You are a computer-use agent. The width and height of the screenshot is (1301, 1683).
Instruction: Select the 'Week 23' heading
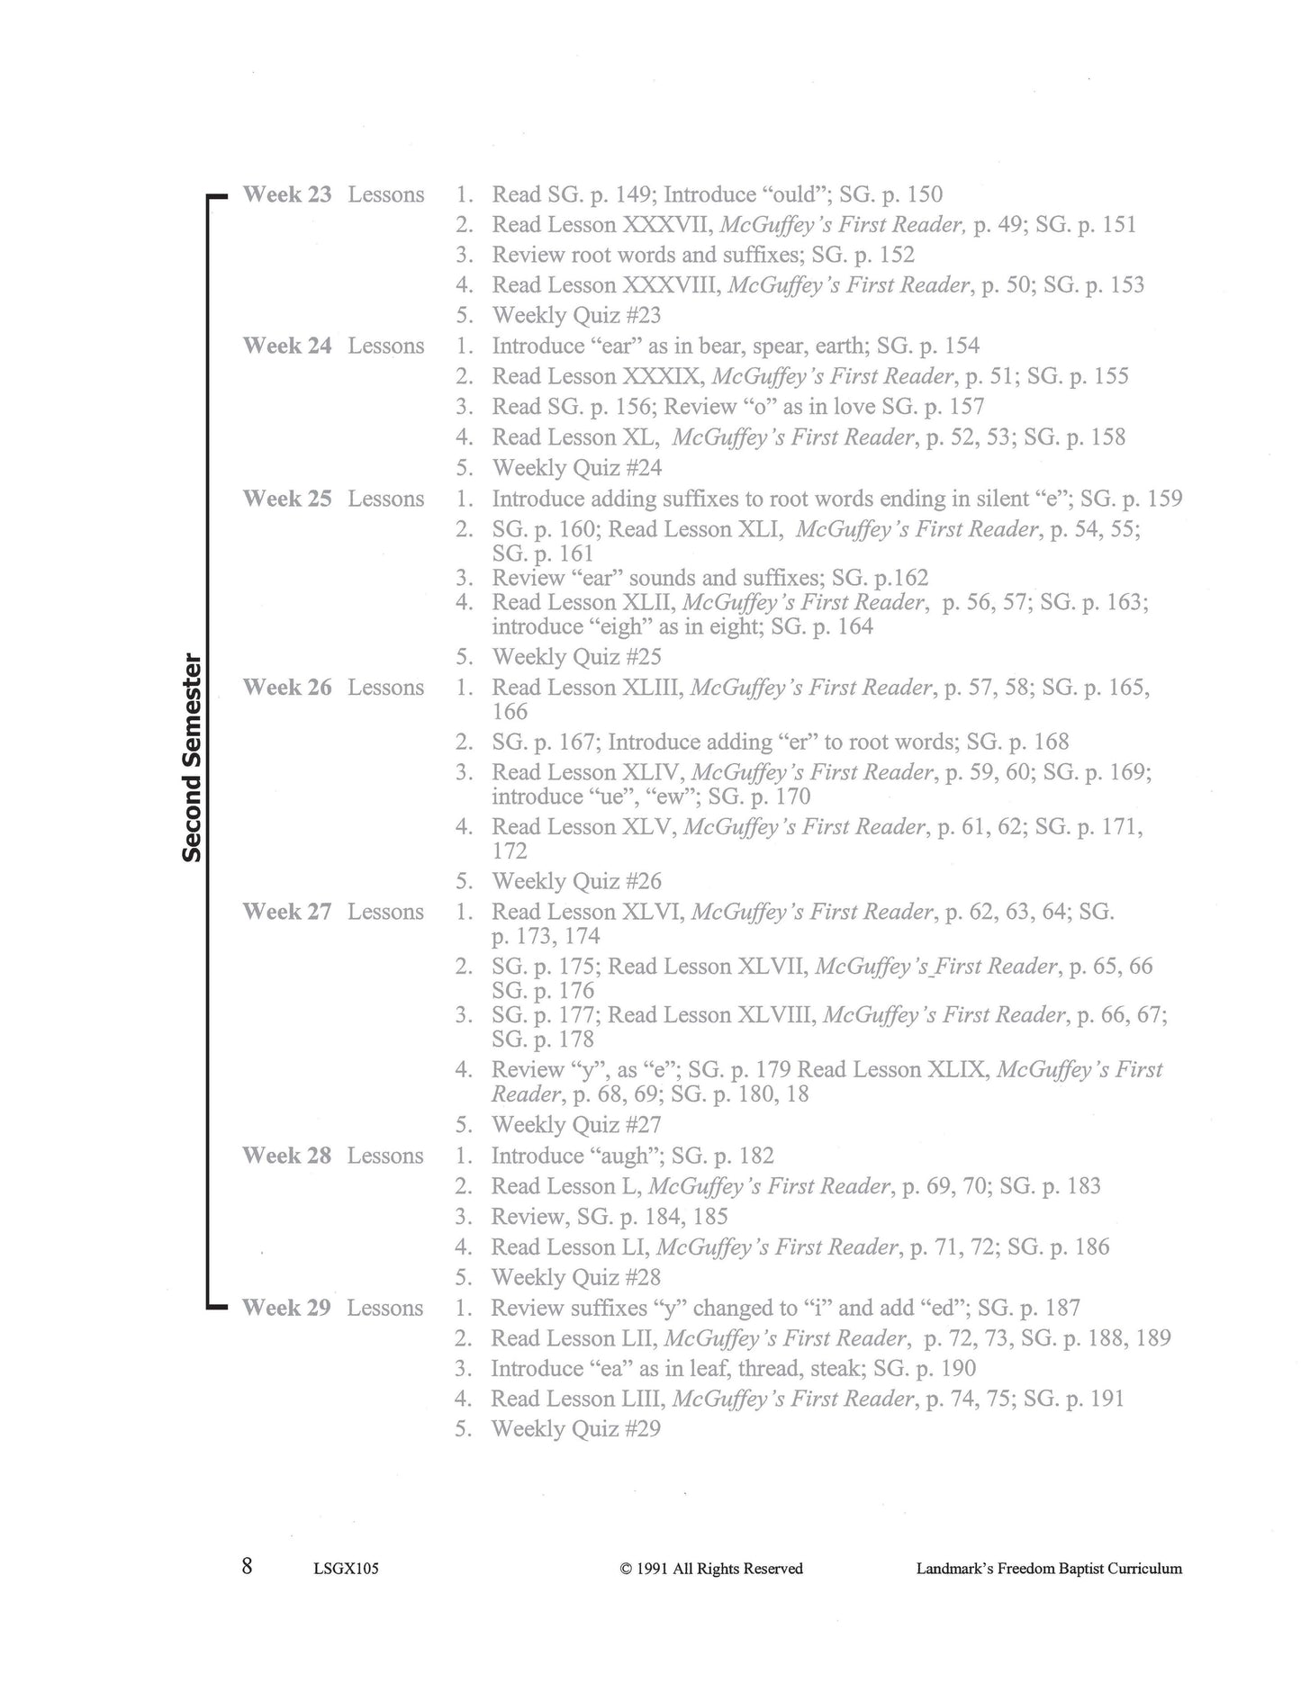[287, 194]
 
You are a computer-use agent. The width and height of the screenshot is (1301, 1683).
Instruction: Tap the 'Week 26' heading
[287, 688]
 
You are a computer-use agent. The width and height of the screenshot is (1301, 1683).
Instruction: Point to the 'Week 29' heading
[286, 1308]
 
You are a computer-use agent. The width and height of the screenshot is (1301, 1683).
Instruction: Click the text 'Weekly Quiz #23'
[576, 315]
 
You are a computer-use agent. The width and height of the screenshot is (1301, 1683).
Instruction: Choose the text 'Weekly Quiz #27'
[576, 1124]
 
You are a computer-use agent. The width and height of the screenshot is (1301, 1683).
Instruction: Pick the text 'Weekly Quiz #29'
[576, 1428]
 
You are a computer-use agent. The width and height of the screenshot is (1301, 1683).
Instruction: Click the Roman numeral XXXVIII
[671, 285]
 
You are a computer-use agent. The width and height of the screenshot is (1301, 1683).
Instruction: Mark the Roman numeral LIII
[642, 1399]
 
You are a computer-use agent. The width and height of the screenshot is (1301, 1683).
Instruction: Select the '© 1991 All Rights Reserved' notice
[711, 1569]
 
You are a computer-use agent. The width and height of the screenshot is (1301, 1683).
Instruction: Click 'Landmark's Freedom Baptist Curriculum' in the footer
[1049, 1569]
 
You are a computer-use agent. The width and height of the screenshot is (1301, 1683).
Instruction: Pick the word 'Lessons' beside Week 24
[386, 346]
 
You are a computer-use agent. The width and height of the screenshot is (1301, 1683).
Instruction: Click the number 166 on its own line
[510, 712]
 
